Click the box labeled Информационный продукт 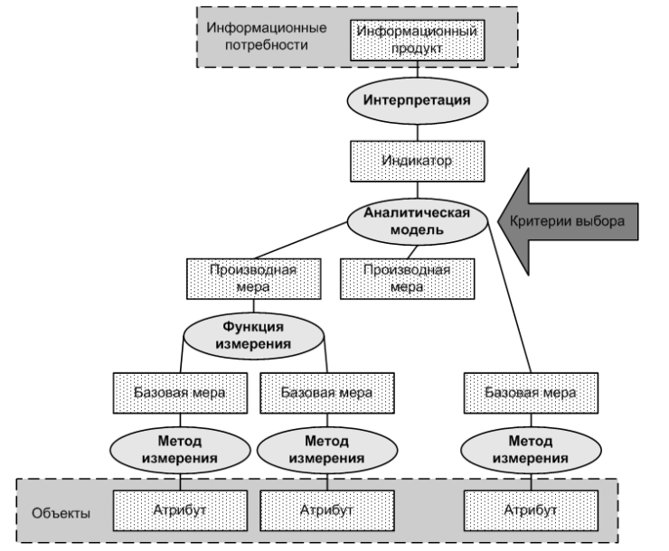[418, 40]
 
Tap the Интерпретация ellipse [418, 101]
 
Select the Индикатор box [418, 161]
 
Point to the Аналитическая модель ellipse [418, 221]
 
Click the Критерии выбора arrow [568, 221]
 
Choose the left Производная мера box [253, 279]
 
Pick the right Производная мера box [407, 279]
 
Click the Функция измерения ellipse [253, 336]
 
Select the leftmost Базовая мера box [180, 393]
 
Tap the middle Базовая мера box [327, 393]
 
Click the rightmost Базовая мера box [532, 393]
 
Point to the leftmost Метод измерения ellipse [180, 450]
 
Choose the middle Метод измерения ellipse [327, 450]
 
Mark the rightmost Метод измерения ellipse [532, 450]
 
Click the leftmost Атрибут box [180, 510]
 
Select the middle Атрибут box [327, 510]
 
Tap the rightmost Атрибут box [532, 510]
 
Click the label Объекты [61, 513]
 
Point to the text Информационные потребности [266, 36]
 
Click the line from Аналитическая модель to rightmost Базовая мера [509, 297]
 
